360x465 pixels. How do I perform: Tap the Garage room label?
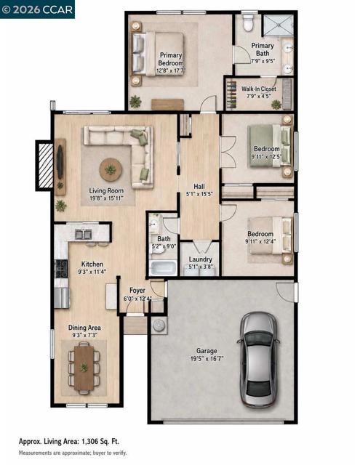pos(207,351)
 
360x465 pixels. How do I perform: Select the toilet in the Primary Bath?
pos(247,23)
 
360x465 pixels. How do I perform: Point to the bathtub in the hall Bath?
pos(164,268)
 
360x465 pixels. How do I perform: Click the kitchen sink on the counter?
pos(83,234)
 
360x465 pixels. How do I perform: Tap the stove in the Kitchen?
pos(62,268)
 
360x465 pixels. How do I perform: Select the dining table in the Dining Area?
pos(84,368)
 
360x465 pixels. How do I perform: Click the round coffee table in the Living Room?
pos(111,170)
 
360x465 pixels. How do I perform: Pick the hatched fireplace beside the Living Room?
pos(45,165)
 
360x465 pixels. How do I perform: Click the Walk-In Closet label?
pos(258,89)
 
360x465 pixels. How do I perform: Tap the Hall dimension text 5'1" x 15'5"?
pos(199,194)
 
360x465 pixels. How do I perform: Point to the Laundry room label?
pos(201,259)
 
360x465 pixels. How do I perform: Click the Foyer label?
pos(137,291)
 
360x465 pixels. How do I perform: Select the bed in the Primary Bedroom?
pos(158,54)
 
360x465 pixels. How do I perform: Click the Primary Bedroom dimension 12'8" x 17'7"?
pos(171,71)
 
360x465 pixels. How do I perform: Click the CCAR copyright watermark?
pos(37,9)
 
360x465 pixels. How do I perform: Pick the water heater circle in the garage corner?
pos(159,325)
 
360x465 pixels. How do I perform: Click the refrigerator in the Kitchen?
pos(62,298)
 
